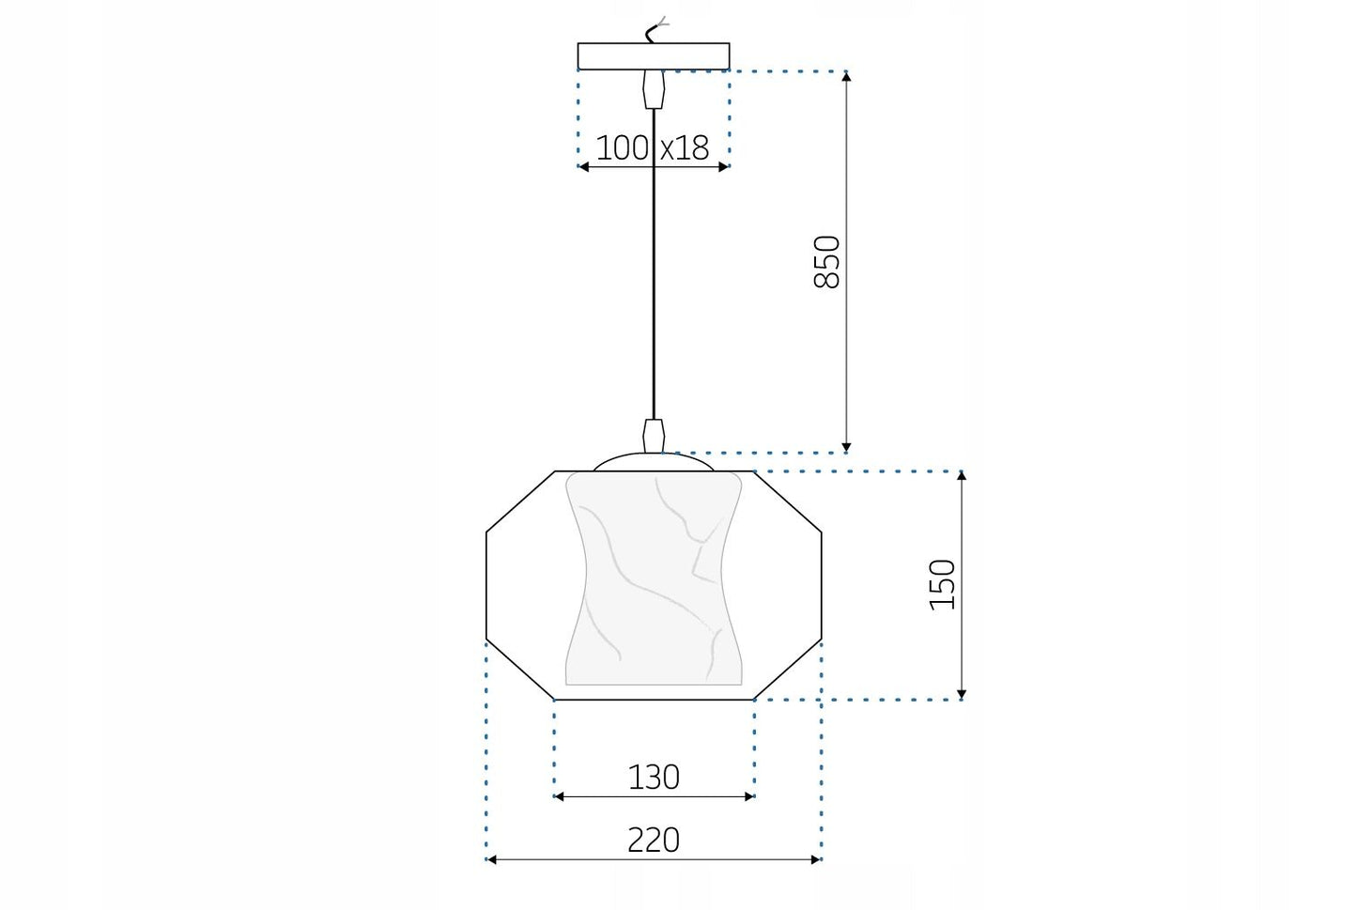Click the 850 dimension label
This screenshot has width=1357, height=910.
click(x=826, y=262)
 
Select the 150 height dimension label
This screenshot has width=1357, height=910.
click(x=942, y=584)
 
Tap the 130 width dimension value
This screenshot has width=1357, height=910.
click(x=654, y=777)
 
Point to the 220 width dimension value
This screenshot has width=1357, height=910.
click(x=654, y=840)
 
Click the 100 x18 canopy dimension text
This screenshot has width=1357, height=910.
click(x=653, y=147)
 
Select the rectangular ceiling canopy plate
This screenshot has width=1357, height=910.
click(x=654, y=56)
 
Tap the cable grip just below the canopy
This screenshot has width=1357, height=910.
click(x=654, y=91)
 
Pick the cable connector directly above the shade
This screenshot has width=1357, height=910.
click(x=654, y=435)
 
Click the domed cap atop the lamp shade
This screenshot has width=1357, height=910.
click(x=654, y=462)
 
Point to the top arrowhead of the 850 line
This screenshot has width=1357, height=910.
click(x=846, y=77)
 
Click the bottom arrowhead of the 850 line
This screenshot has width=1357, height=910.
click(x=846, y=446)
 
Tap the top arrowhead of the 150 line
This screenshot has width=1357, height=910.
click(x=962, y=477)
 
